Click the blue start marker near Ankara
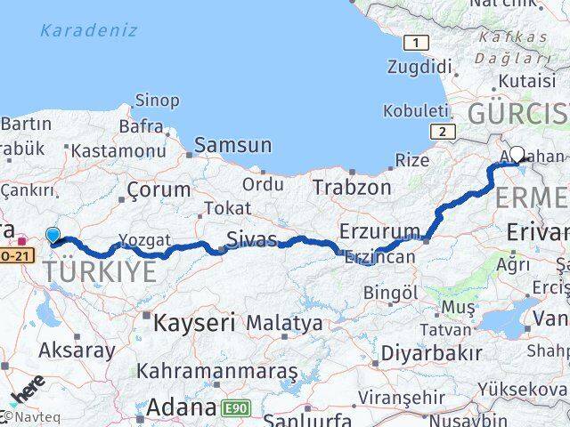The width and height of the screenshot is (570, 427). tap(53, 236)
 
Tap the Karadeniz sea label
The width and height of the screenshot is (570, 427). tap(88, 30)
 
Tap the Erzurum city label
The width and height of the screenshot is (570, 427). tap(379, 231)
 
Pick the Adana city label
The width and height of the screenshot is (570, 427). tap(181, 407)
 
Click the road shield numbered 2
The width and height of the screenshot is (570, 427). tap(440, 132)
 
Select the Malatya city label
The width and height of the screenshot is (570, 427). tap(284, 323)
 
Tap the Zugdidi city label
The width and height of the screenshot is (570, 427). tap(419, 66)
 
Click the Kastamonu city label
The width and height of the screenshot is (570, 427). tap(118, 151)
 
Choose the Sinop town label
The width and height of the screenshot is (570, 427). tap(156, 101)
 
